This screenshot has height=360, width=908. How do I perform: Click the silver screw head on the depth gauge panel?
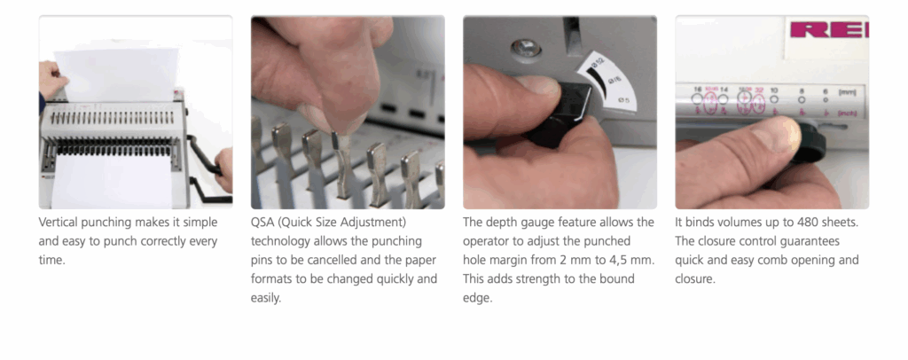click(x=527, y=48)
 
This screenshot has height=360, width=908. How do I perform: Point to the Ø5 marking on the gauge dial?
click(x=622, y=101)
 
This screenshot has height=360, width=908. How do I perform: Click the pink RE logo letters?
click(x=829, y=29)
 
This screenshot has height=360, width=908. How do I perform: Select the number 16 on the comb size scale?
click(x=697, y=90)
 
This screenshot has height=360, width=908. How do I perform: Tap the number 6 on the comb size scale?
click(x=825, y=90)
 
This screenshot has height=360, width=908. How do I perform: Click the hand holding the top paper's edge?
click(x=51, y=81)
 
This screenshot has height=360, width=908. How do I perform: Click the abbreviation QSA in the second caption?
click(x=262, y=223)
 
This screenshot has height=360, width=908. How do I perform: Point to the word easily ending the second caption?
click(x=266, y=299)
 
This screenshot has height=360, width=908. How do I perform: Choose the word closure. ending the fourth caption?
click(x=695, y=279)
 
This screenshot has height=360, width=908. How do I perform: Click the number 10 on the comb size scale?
click(x=774, y=90)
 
